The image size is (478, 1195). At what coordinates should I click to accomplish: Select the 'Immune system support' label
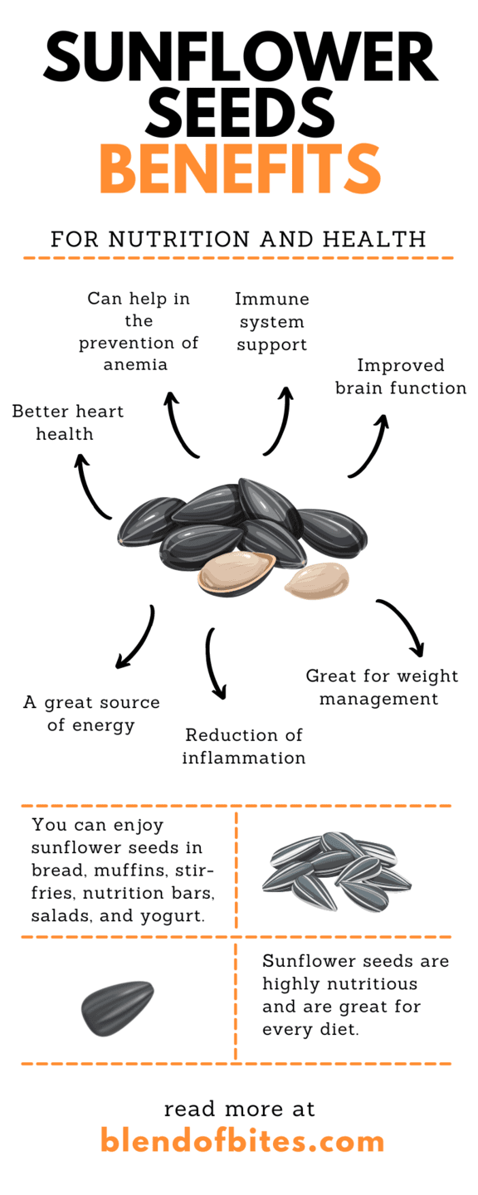pos(271,321)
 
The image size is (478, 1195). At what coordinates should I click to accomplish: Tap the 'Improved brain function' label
pos(401,377)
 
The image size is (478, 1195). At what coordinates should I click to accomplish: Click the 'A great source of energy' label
pos(91,714)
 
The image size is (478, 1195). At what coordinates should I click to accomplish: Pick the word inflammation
pos(244,758)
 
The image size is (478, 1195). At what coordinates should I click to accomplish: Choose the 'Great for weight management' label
pos(382,687)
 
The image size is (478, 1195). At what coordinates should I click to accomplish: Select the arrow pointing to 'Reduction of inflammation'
pos(215,661)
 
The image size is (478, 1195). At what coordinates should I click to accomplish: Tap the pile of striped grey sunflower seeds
pos(336,871)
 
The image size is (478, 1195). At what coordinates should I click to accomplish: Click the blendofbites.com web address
pos(242,1140)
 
